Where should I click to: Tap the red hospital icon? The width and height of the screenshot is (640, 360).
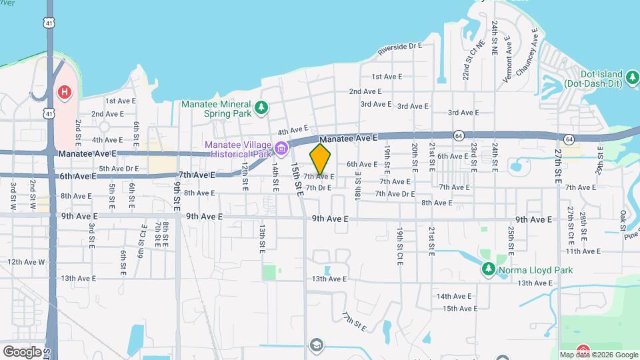tap(64, 92)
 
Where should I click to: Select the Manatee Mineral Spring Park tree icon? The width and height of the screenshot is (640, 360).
tap(262, 106)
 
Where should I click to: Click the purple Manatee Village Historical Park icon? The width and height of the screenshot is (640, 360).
tap(281, 147)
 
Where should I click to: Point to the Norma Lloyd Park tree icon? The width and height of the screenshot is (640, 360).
tap(488, 269)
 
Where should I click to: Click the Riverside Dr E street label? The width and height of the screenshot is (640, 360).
tap(400, 47)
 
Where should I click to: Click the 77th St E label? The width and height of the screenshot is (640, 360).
tap(355, 321)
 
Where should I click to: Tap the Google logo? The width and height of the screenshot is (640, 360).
tap(21, 351)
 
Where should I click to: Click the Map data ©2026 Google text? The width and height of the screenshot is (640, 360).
tap(598, 355)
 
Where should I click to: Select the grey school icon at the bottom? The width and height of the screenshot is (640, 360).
tap(316, 345)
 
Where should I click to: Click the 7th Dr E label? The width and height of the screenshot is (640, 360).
tap(318, 188)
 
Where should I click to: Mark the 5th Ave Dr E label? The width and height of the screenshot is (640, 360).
tap(119, 169)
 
